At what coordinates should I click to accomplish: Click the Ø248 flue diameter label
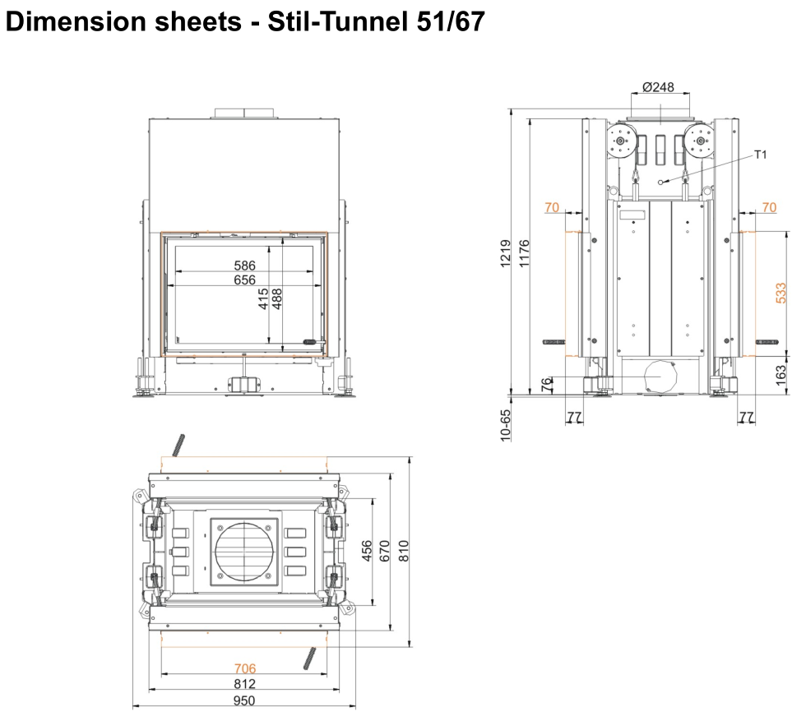click(658, 87)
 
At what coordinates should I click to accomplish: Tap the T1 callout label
click(760, 155)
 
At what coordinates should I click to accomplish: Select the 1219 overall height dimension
click(505, 253)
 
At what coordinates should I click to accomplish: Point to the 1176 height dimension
click(524, 253)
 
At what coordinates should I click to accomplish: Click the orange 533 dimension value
click(781, 293)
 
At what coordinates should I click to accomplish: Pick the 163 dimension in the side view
click(781, 375)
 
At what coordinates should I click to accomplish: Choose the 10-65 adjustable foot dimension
click(505, 425)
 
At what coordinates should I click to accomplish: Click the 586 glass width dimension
click(245, 266)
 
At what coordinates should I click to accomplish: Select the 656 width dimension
click(245, 280)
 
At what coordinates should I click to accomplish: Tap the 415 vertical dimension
click(263, 298)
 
